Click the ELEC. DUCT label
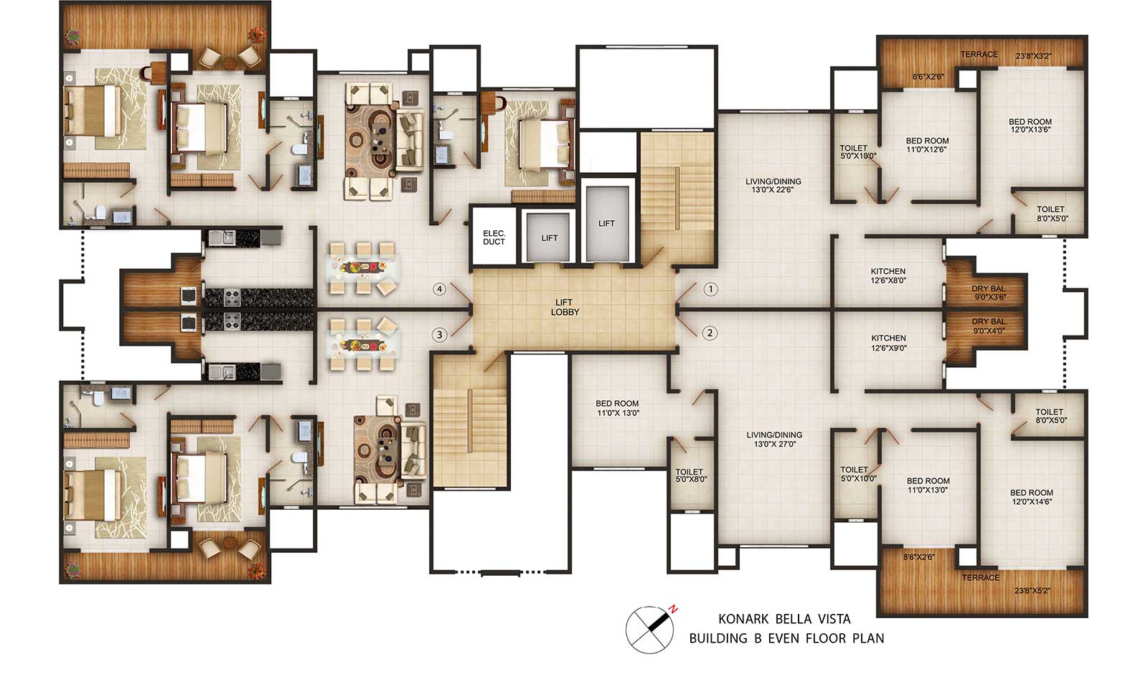coord(494,237)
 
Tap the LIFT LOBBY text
coord(564,308)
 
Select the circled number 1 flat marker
coord(710,290)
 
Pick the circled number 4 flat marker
coord(439,290)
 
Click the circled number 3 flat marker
coord(439,335)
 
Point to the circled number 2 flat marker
coord(710,333)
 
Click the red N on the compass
coord(674,609)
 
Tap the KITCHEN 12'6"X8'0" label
coord(888,275)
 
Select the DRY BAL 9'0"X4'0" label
coord(989,326)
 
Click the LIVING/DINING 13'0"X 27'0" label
coord(774,440)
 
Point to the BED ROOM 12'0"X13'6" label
coord(1030,125)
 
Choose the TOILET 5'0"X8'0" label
coord(690,475)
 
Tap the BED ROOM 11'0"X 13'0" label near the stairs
coord(618,408)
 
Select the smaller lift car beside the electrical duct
coord(548,237)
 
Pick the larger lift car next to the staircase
coord(607,224)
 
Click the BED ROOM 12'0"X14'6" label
coord(1032,497)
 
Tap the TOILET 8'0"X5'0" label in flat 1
coord(1050,214)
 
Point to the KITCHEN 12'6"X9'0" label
coord(889,343)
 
